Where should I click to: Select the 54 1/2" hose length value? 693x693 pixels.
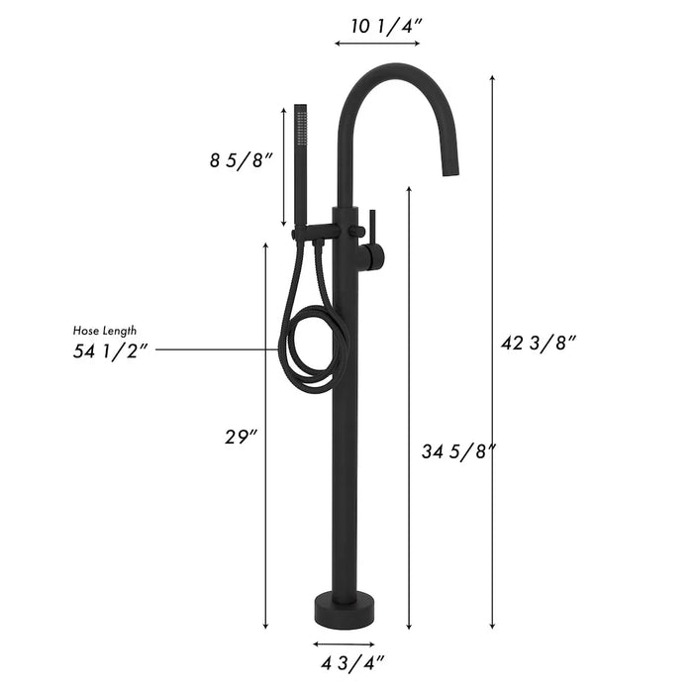click(111, 350)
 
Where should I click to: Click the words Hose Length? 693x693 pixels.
click(105, 330)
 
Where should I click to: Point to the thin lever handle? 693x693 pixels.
click(372, 228)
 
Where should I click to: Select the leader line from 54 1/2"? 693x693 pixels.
click(218, 349)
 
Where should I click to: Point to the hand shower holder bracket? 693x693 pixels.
click(315, 235)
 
